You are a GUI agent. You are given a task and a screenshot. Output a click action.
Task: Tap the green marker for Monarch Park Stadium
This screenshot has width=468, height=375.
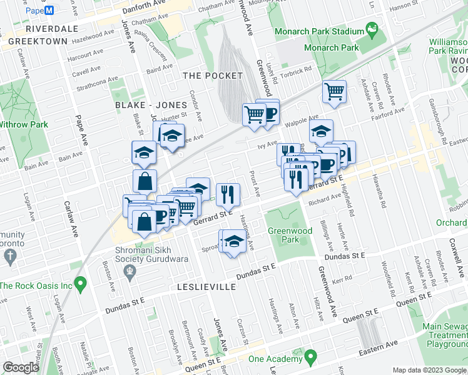click(373, 29)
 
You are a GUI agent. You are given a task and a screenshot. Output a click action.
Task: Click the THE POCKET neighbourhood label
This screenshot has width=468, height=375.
click(212, 76)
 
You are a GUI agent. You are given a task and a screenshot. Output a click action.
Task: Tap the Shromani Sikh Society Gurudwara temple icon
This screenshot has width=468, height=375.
click(130, 271)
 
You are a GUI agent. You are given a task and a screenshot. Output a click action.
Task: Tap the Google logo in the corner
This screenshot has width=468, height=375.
click(21, 367)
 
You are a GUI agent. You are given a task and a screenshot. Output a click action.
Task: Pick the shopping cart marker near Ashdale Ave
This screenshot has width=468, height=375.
click(335, 92)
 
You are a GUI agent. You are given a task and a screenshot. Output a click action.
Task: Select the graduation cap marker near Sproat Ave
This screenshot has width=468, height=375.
click(233, 241)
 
